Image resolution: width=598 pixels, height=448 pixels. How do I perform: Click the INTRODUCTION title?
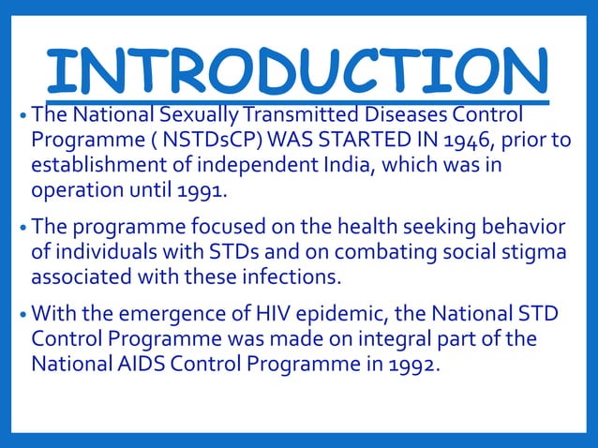click(298, 70)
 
